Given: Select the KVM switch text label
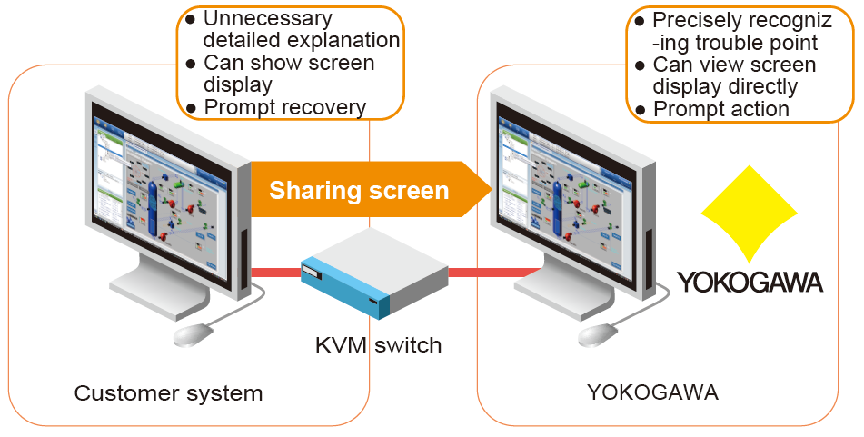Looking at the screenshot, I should point(378,345).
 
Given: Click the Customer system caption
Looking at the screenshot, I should point(168,393).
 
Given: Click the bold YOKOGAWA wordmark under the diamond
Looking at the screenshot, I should point(750,282).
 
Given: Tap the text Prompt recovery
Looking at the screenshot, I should point(284,107).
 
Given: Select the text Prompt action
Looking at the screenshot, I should point(721,109).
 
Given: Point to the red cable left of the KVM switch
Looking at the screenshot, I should point(276,271).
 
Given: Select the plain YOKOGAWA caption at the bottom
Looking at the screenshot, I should point(652,393).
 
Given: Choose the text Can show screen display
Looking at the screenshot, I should point(288,74).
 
